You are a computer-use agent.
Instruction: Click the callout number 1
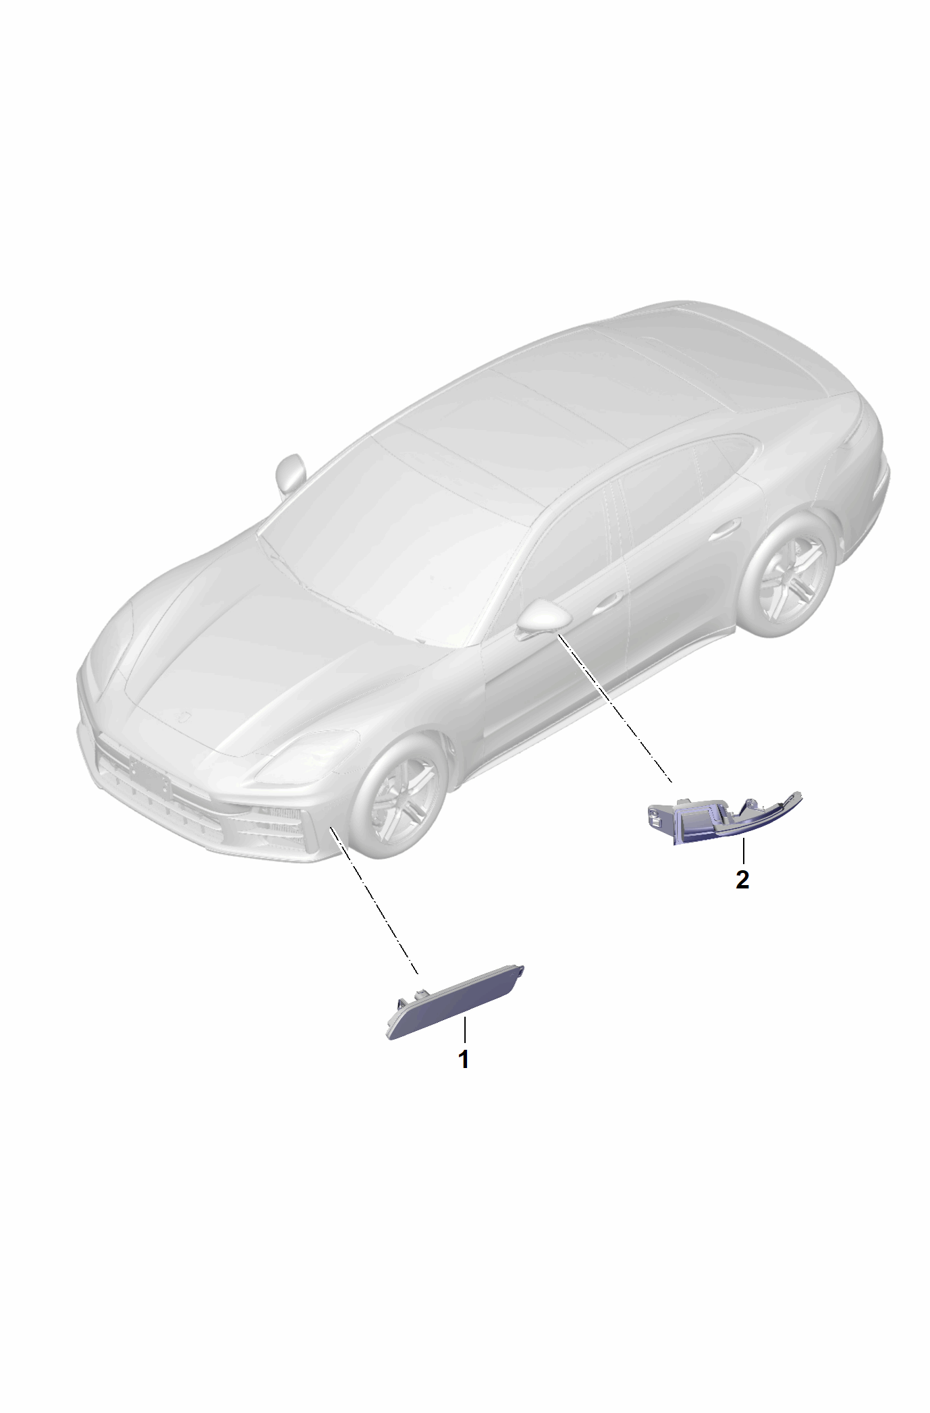464,1059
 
